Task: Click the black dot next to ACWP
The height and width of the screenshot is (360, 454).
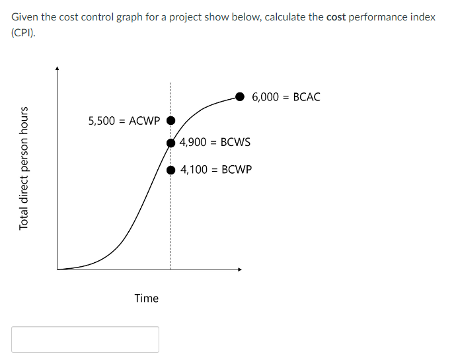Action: tap(170, 121)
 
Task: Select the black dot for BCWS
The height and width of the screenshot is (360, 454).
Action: tap(170, 142)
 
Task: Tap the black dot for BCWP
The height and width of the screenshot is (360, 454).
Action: tap(170, 170)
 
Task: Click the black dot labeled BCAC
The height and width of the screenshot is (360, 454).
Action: tap(241, 96)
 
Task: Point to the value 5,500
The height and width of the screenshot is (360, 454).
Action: tap(101, 121)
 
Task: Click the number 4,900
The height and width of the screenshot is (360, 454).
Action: tap(194, 142)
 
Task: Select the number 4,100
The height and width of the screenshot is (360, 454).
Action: tap(194, 170)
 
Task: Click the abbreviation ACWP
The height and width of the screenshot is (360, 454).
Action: tap(145, 121)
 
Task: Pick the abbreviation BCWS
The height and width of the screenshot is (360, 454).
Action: tap(236, 142)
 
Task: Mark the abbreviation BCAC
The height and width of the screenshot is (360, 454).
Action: tap(307, 97)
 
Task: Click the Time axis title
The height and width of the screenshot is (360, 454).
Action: tap(146, 298)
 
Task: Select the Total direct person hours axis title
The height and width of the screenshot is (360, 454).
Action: tap(24, 168)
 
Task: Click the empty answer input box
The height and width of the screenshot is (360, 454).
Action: tap(85, 340)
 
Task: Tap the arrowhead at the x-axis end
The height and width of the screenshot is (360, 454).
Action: tap(240, 269)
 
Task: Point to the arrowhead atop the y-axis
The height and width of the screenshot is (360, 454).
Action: tap(57, 67)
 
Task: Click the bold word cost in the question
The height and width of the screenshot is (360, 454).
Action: tap(336, 17)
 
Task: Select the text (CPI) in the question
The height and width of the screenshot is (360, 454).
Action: tap(22, 32)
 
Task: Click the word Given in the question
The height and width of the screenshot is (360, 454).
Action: tap(24, 17)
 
